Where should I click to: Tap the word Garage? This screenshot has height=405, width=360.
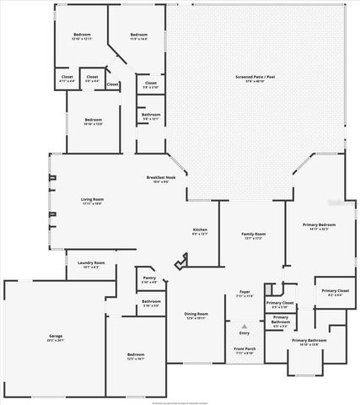pyautogui.click(x=55, y=336)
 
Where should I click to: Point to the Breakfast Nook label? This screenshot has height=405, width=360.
pyautogui.click(x=160, y=177)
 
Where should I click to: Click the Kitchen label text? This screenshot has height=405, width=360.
pyautogui.click(x=200, y=229)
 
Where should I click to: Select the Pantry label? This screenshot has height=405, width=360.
pyautogui.click(x=149, y=277)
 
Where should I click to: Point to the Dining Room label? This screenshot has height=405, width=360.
pyautogui.click(x=196, y=314)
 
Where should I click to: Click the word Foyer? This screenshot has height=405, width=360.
pyautogui.click(x=244, y=292)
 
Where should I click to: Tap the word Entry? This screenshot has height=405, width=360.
pyautogui.click(x=244, y=333)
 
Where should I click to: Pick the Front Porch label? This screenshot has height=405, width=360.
pyautogui.click(x=244, y=348)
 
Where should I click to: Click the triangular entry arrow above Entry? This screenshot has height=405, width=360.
pyautogui.click(x=244, y=324)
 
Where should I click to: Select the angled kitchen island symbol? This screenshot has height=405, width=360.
pyautogui.click(x=180, y=264)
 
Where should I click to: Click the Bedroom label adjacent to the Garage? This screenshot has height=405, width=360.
pyautogui.click(x=136, y=354)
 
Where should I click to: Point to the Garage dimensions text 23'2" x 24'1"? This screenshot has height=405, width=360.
pyautogui.click(x=55, y=341)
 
